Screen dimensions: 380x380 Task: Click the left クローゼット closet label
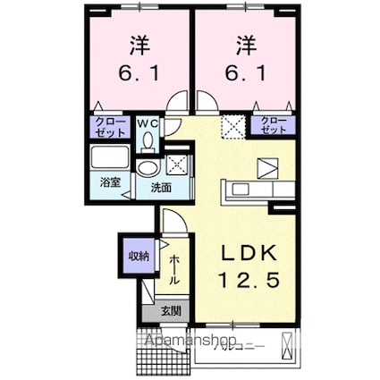(107, 126)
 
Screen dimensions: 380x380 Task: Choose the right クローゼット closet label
(274, 126)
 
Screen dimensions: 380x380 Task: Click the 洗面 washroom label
(160, 188)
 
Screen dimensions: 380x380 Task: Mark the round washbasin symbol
(146, 168)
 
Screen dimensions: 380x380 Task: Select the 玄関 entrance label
(169, 312)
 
